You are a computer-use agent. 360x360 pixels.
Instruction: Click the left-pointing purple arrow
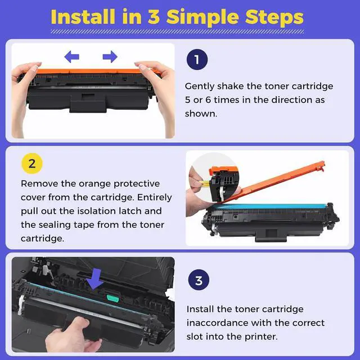71,57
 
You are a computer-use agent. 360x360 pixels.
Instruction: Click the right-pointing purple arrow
110,57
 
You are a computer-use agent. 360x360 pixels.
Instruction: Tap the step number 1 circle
197,60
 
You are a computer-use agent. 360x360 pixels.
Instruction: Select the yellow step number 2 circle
32,164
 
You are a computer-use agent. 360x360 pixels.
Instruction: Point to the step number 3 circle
199,280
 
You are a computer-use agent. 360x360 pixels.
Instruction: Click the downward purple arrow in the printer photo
95,279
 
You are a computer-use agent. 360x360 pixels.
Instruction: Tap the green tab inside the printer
112,298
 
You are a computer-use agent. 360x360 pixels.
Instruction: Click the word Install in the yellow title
83,16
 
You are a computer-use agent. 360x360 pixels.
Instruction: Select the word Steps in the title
274,17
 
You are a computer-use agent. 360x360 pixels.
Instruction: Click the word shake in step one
230,86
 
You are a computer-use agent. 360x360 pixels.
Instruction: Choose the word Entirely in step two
155,197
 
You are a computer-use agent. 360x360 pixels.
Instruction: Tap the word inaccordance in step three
220,323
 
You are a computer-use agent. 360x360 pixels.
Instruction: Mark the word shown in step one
201,114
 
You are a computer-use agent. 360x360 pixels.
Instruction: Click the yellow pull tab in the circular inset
204,183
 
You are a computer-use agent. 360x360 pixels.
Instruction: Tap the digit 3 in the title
154,16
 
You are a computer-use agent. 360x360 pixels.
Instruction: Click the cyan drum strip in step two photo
269,206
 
